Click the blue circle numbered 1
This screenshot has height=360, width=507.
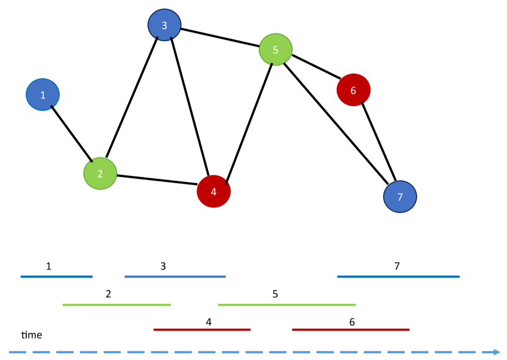43,95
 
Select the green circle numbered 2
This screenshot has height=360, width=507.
100,173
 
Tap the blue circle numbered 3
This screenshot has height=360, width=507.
164,25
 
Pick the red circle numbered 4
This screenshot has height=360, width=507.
214,192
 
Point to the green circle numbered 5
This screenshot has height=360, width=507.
276,49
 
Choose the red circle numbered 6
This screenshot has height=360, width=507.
353,90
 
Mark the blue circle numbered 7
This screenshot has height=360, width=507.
400,196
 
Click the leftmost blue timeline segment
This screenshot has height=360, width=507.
56,276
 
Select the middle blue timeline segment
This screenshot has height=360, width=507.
175,276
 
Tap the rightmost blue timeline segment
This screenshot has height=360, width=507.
398,276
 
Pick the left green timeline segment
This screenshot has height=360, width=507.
117,304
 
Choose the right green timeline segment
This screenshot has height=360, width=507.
287,304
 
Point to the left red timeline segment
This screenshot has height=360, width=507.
202,329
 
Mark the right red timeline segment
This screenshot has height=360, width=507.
351,329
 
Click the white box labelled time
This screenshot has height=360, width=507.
32,335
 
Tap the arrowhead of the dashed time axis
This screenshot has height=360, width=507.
496,351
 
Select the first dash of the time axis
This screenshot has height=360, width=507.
17,351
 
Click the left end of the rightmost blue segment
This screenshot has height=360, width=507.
338,276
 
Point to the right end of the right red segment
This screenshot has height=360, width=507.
409,329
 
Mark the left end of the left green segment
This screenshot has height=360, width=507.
63,304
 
